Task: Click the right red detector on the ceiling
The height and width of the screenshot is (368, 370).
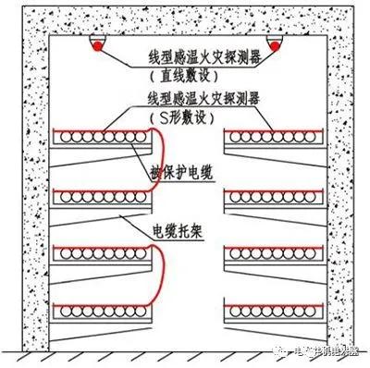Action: point(276,43)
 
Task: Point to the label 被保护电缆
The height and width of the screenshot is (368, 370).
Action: point(185,171)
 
